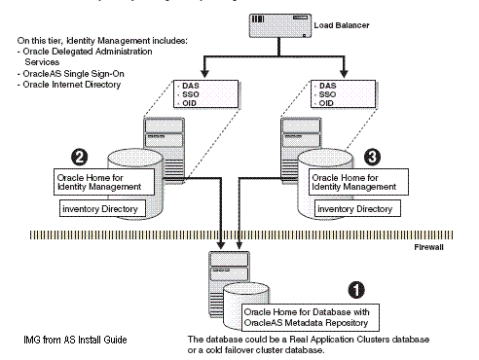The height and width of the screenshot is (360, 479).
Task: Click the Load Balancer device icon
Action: [280, 25]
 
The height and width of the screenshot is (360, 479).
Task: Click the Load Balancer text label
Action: [342, 25]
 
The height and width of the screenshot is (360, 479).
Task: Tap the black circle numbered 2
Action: [80, 157]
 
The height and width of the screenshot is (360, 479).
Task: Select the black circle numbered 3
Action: [372, 157]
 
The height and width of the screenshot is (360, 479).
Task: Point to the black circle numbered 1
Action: [356, 290]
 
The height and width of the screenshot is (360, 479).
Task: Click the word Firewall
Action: [428, 247]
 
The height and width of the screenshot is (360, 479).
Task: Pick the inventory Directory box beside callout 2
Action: [102, 208]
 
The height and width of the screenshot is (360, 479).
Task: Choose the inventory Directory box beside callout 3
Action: [357, 208]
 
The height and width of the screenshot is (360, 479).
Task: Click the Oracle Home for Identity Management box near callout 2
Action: [104, 182]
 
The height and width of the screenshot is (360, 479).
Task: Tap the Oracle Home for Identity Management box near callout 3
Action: [358, 182]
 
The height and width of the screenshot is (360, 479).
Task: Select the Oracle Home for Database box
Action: [311, 317]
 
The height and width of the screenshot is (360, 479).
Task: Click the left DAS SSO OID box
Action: [205, 94]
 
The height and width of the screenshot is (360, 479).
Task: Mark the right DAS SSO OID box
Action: [343, 94]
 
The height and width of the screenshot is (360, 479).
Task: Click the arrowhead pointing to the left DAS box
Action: [204, 73]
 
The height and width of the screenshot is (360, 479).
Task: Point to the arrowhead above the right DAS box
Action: [344, 73]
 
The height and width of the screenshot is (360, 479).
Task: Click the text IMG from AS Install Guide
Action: [75, 340]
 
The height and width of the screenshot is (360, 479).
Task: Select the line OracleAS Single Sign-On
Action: [70, 74]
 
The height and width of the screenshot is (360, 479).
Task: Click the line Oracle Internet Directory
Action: [69, 85]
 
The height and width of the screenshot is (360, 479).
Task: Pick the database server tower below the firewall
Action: [229, 285]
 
